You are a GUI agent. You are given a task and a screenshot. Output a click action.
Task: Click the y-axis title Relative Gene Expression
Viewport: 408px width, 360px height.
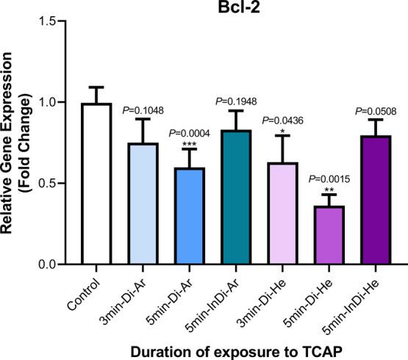[10, 143]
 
